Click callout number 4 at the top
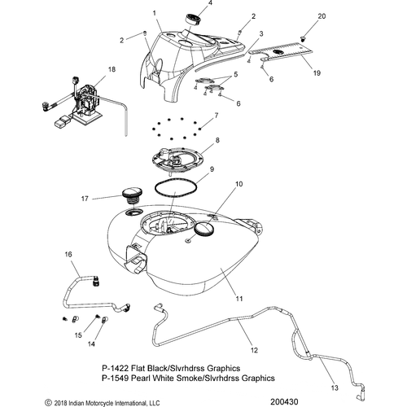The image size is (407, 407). tap(209, 4)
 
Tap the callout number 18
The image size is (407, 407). tap(112, 69)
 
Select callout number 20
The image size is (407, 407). tap(321, 16)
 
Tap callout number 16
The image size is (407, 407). tap(68, 255)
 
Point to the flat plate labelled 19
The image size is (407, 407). tap(280, 54)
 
